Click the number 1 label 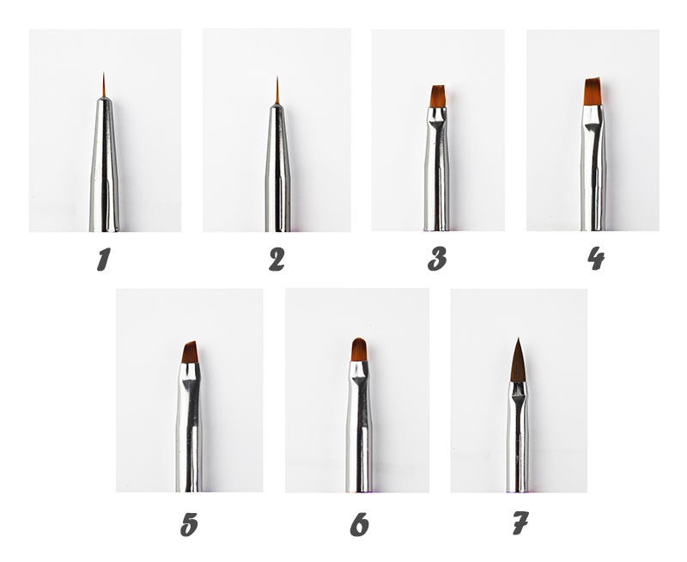pyautogui.click(x=103, y=259)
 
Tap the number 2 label pyautogui.click(x=277, y=259)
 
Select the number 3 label pyautogui.click(x=437, y=259)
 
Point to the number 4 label pyautogui.click(x=596, y=258)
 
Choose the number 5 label pyautogui.click(x=189, y=524)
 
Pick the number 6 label pyautogui.click(x=359, y=524)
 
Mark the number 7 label pyautogui.click(x=520, y=523)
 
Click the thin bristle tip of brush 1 pyautogui.click(x=104, y=84)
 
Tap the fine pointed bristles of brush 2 pyautogui.click(x=277, y=90)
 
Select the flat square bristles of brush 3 pyautogui.click(x=438, y=96)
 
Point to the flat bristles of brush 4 pyautogui.click(x=593, y=92)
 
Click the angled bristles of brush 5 pyautogui.click(x=190, y=352)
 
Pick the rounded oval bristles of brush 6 pyautogui.click(x=359, y=350)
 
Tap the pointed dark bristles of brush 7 pyautogui.click(x=519, y=360)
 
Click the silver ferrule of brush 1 pyautogui.click(x=104, y=164)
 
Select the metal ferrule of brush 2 pyautogui.click(x=277, y=168)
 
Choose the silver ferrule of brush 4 pyautogui.click(x=593, y=168)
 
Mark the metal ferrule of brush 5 pyautogui.click(x=189, y=427)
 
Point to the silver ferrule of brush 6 pyautogui.click(x=359, y=426)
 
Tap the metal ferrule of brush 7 pyautogui.click(x=518, y=437)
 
